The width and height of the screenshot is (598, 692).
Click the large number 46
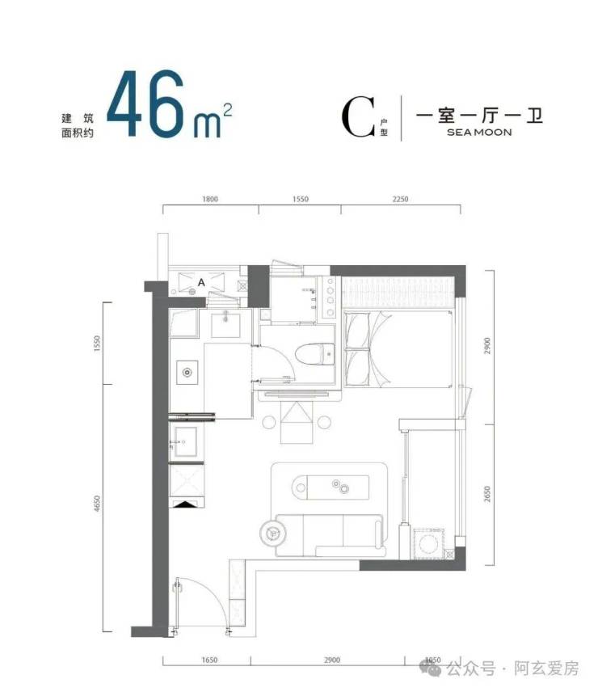pos(145,103)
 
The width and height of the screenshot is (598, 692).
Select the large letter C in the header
pos(358,117)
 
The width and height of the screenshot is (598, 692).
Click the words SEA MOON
pos(479,132)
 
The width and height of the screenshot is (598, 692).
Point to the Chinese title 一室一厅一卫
pos(479,115)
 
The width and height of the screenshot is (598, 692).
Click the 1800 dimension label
pos(210,199)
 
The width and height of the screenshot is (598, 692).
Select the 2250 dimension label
pos(401,199)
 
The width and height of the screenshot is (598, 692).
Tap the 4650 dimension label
pos(97,504)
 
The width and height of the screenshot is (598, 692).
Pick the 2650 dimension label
pos(486,494)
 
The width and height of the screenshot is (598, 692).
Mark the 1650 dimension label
pos(209,660)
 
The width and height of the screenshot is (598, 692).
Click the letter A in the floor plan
pos(201,282)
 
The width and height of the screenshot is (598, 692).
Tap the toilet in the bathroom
pos(315,355)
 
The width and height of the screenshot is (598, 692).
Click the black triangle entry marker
pos(186,504)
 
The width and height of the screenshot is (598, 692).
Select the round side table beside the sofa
pos(273,533)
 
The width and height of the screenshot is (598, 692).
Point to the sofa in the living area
pos(330,535)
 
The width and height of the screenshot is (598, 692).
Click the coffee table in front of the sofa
pos(331,487)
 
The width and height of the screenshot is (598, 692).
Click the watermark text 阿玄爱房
pos(546,669)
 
